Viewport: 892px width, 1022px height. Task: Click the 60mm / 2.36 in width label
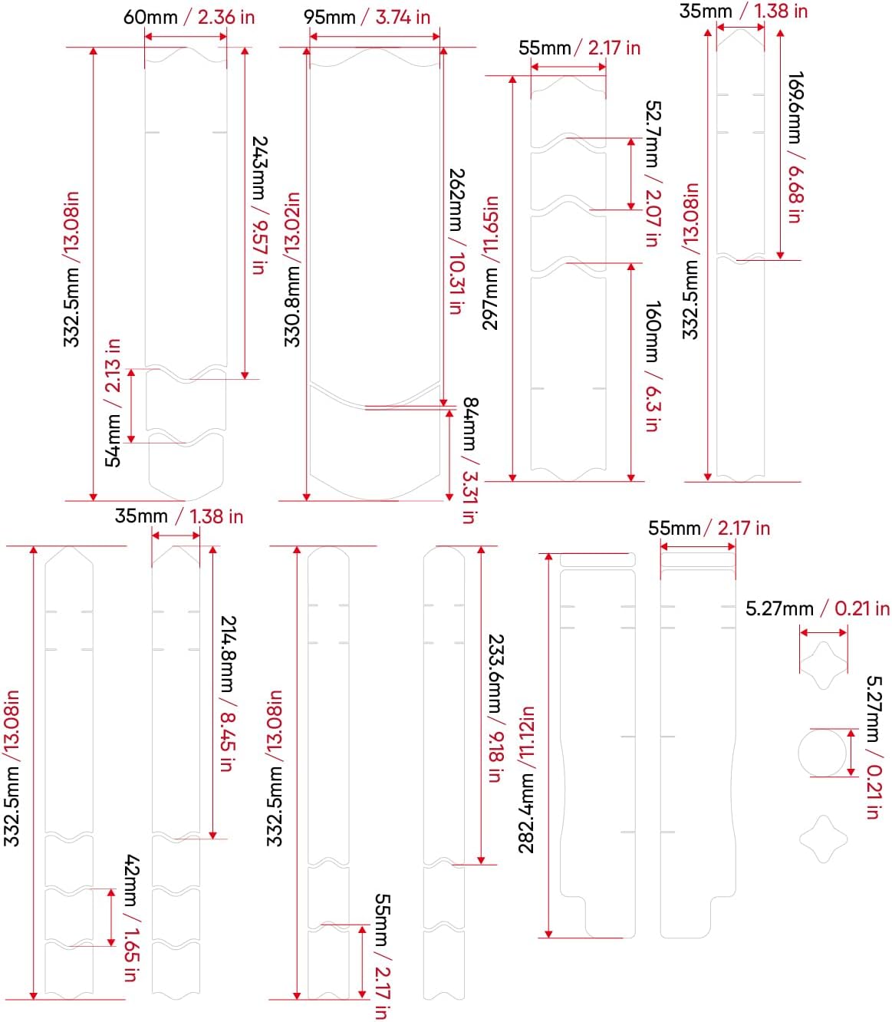[x=189, y=17]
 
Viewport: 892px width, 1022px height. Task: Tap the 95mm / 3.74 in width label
[x=367, y=17]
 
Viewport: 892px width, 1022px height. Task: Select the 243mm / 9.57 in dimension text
[x=259, y=205]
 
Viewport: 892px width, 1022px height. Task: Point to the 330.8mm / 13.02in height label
[x=292, y=269]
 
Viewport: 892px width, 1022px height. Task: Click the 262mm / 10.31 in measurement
[x=456, y=241]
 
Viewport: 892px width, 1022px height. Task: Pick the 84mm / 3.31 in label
[x=469, y=460]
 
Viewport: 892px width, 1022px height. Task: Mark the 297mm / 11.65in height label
[x=491, y=262]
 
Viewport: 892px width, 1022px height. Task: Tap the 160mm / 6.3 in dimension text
[x=652, y=366]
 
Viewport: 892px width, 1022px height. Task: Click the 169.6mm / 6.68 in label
[x=795, y=147]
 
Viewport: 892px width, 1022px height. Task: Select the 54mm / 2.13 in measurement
[x=113, y=402]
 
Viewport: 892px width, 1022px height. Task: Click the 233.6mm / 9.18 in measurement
[x=495, y=707]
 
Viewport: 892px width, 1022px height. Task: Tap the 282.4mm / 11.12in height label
[x=527, y=780]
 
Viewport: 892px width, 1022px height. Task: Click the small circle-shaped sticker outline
[x=823, y=753]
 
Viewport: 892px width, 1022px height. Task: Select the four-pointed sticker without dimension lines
[x=823, y=839]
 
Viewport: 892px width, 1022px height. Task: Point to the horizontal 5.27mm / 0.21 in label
[x=818, y=608]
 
